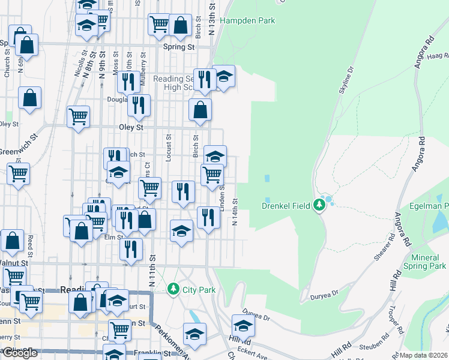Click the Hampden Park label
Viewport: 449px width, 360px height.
tap(247, 20)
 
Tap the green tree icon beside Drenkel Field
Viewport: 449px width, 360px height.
tap(319, 206)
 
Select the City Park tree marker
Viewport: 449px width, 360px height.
tap(173, 290)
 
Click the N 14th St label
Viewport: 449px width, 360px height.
tap(235, 213)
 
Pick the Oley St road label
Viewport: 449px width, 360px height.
tap(131, 127)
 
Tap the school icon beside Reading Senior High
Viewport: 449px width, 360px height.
tap(223, 76)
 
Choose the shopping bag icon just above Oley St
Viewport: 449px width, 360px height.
tap(200, 110)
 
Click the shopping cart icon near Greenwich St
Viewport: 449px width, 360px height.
tap(18, 174)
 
